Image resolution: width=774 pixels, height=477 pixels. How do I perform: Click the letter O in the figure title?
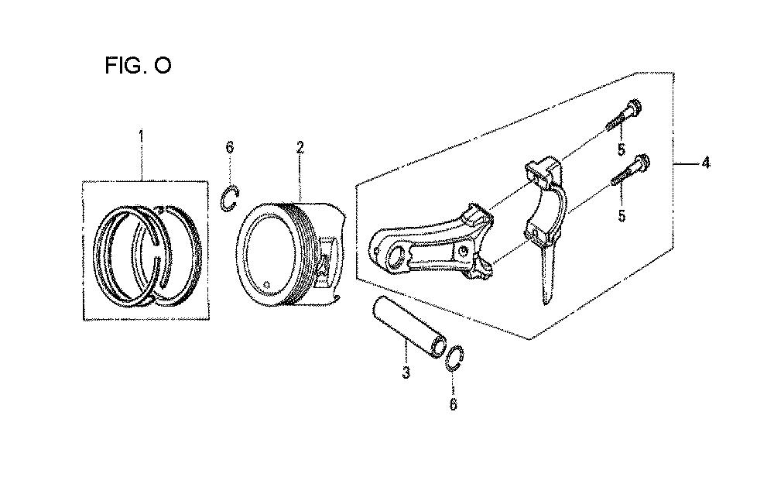click(163, 65)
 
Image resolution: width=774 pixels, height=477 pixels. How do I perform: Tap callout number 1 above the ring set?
click(141, 136)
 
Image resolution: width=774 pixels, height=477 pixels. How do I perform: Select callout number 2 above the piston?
click(300, 148)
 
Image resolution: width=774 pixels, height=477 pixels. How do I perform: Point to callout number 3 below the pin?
click(406, 372)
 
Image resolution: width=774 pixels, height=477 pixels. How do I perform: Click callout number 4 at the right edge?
click(706, 163)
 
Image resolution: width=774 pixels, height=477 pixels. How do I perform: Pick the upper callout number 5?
click(621, 149)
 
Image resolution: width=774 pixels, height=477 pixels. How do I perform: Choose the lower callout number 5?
click(622, 215)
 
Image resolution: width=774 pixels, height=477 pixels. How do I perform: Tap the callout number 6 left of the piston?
click(230, 147)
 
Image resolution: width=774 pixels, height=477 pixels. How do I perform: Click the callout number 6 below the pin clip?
click(453, 404)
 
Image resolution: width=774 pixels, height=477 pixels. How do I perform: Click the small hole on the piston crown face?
click(267, 284)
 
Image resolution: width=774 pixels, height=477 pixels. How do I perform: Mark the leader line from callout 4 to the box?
click(688, 163)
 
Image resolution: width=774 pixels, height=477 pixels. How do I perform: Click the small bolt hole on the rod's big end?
click(464, 250)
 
